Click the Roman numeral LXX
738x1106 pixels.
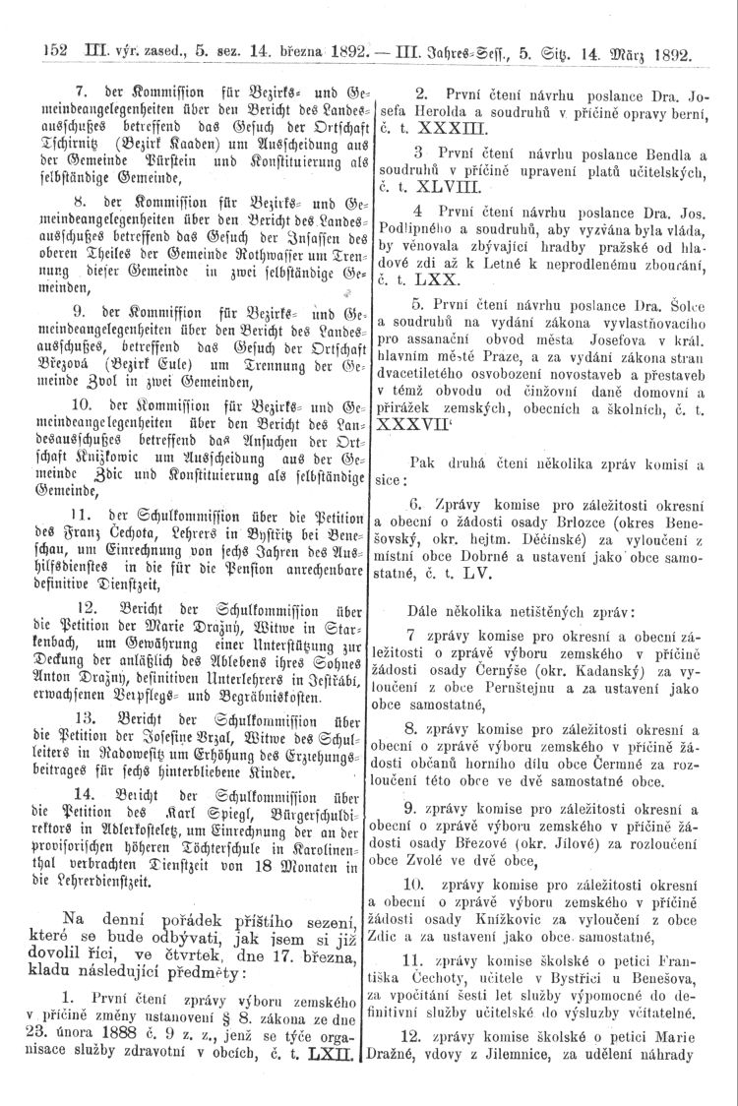[422, 280]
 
